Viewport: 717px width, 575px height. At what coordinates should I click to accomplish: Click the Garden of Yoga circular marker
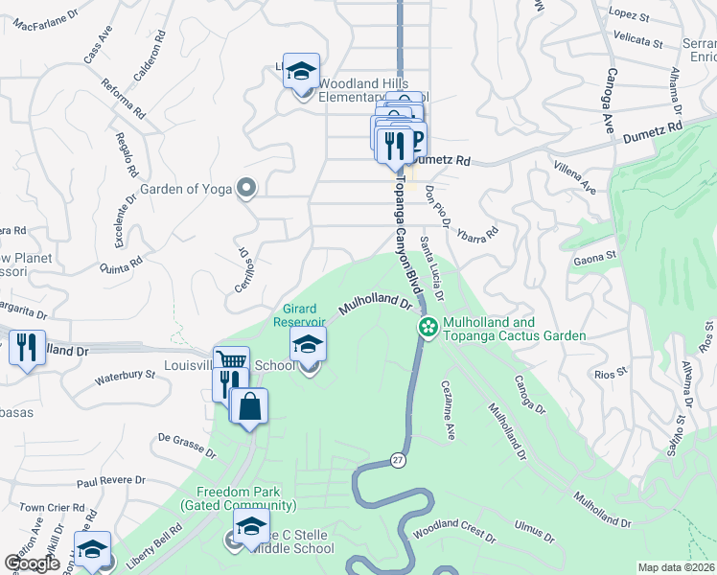point(246,188)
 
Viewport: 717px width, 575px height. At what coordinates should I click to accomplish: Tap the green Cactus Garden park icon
point(428,328)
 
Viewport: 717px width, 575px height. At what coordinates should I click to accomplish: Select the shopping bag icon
point(249,405)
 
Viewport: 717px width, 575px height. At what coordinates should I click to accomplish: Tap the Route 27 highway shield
point(398,461)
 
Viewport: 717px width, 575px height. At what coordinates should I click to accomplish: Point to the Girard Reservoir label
point(307,315)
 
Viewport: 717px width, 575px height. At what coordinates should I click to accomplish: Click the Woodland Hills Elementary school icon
point(302,72)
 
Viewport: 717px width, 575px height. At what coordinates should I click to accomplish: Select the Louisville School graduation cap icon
point(309,345)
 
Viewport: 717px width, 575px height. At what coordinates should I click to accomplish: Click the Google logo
point(32,563)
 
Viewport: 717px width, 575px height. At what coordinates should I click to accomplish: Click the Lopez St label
point(628,16)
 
